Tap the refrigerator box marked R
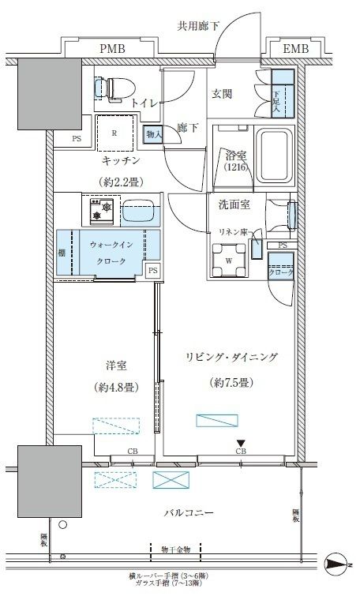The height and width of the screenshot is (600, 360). click(x=115, y=133)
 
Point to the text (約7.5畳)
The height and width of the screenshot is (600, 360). click(x=233, y=382)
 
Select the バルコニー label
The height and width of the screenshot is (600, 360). click(x=189, y=512)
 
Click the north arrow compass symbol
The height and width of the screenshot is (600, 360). click(x=338, y=564)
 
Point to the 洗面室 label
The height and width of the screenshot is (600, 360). click(x=234, y=204)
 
